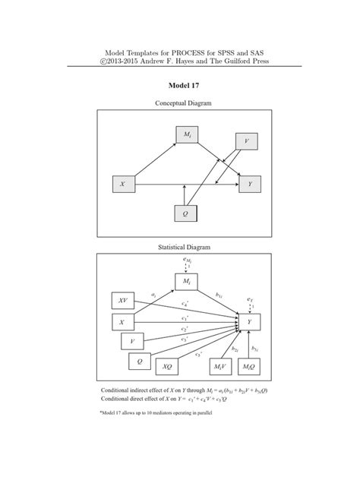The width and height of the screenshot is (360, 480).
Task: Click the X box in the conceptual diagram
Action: (x=122, y=184)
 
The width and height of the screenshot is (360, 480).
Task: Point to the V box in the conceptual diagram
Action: (x=246, y=142)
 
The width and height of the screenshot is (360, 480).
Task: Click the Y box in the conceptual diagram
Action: (x=250, y=184)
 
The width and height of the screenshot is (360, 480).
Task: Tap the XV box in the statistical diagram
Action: (x=122, y=300)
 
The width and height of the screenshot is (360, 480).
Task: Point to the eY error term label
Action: (x=251, y=300)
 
